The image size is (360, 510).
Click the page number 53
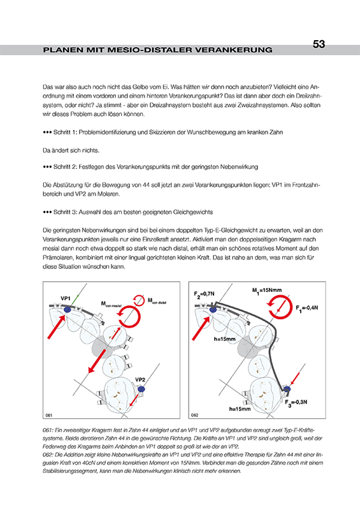tap(319, 44)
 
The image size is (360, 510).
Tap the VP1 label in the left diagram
tap(66, 298)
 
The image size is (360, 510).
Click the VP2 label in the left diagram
tap(140, 379)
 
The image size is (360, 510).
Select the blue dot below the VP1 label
tap(68, 310)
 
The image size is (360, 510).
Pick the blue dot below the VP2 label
tap(141, 389)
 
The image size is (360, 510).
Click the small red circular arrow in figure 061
tap(138, 300)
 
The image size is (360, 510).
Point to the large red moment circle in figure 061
tap(129, 316)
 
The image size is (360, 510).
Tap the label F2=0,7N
tap(205, 294)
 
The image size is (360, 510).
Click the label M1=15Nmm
tap(267, 291)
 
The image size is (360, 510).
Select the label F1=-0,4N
tap(306, 308)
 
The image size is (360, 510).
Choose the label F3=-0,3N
tap(296, 403)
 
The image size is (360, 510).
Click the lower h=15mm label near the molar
tap(240, 409)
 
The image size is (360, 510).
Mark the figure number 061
tap(49, 416)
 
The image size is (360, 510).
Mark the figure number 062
tap(194, 416)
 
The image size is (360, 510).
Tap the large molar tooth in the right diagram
tap(263, 394)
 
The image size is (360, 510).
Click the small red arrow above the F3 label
tap(295, 378)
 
